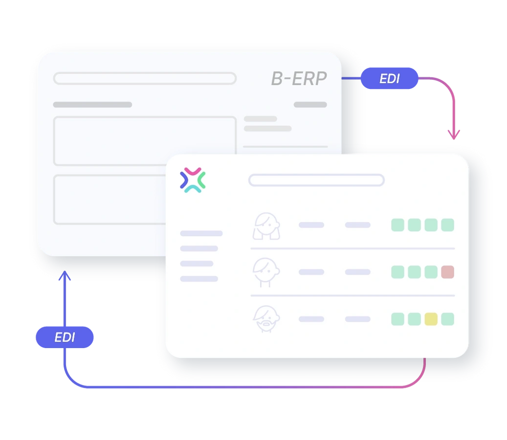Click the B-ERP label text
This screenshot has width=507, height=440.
(299, 79)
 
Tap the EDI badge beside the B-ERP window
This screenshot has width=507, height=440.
(389, 78)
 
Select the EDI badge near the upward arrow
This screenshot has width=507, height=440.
(65, 337)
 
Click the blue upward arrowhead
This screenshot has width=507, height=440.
(65, 277)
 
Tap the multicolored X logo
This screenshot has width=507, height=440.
(193, 180)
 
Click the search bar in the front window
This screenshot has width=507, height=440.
(316, 180)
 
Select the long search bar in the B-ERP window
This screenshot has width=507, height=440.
(145, 78)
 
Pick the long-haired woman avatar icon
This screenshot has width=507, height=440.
(266, 225)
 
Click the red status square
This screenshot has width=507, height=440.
(447, 272)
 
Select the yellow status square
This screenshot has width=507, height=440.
(431, 319)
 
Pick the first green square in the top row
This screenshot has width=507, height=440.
(397, 225)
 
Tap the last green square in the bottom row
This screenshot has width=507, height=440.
(447, 319)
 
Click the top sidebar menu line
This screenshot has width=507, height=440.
(201, 234)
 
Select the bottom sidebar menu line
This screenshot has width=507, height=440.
(199, 279)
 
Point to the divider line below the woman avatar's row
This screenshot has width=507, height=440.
(353, 248)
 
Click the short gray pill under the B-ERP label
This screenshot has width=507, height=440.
(310, 105)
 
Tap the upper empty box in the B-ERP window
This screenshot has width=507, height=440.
(145, 141)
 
